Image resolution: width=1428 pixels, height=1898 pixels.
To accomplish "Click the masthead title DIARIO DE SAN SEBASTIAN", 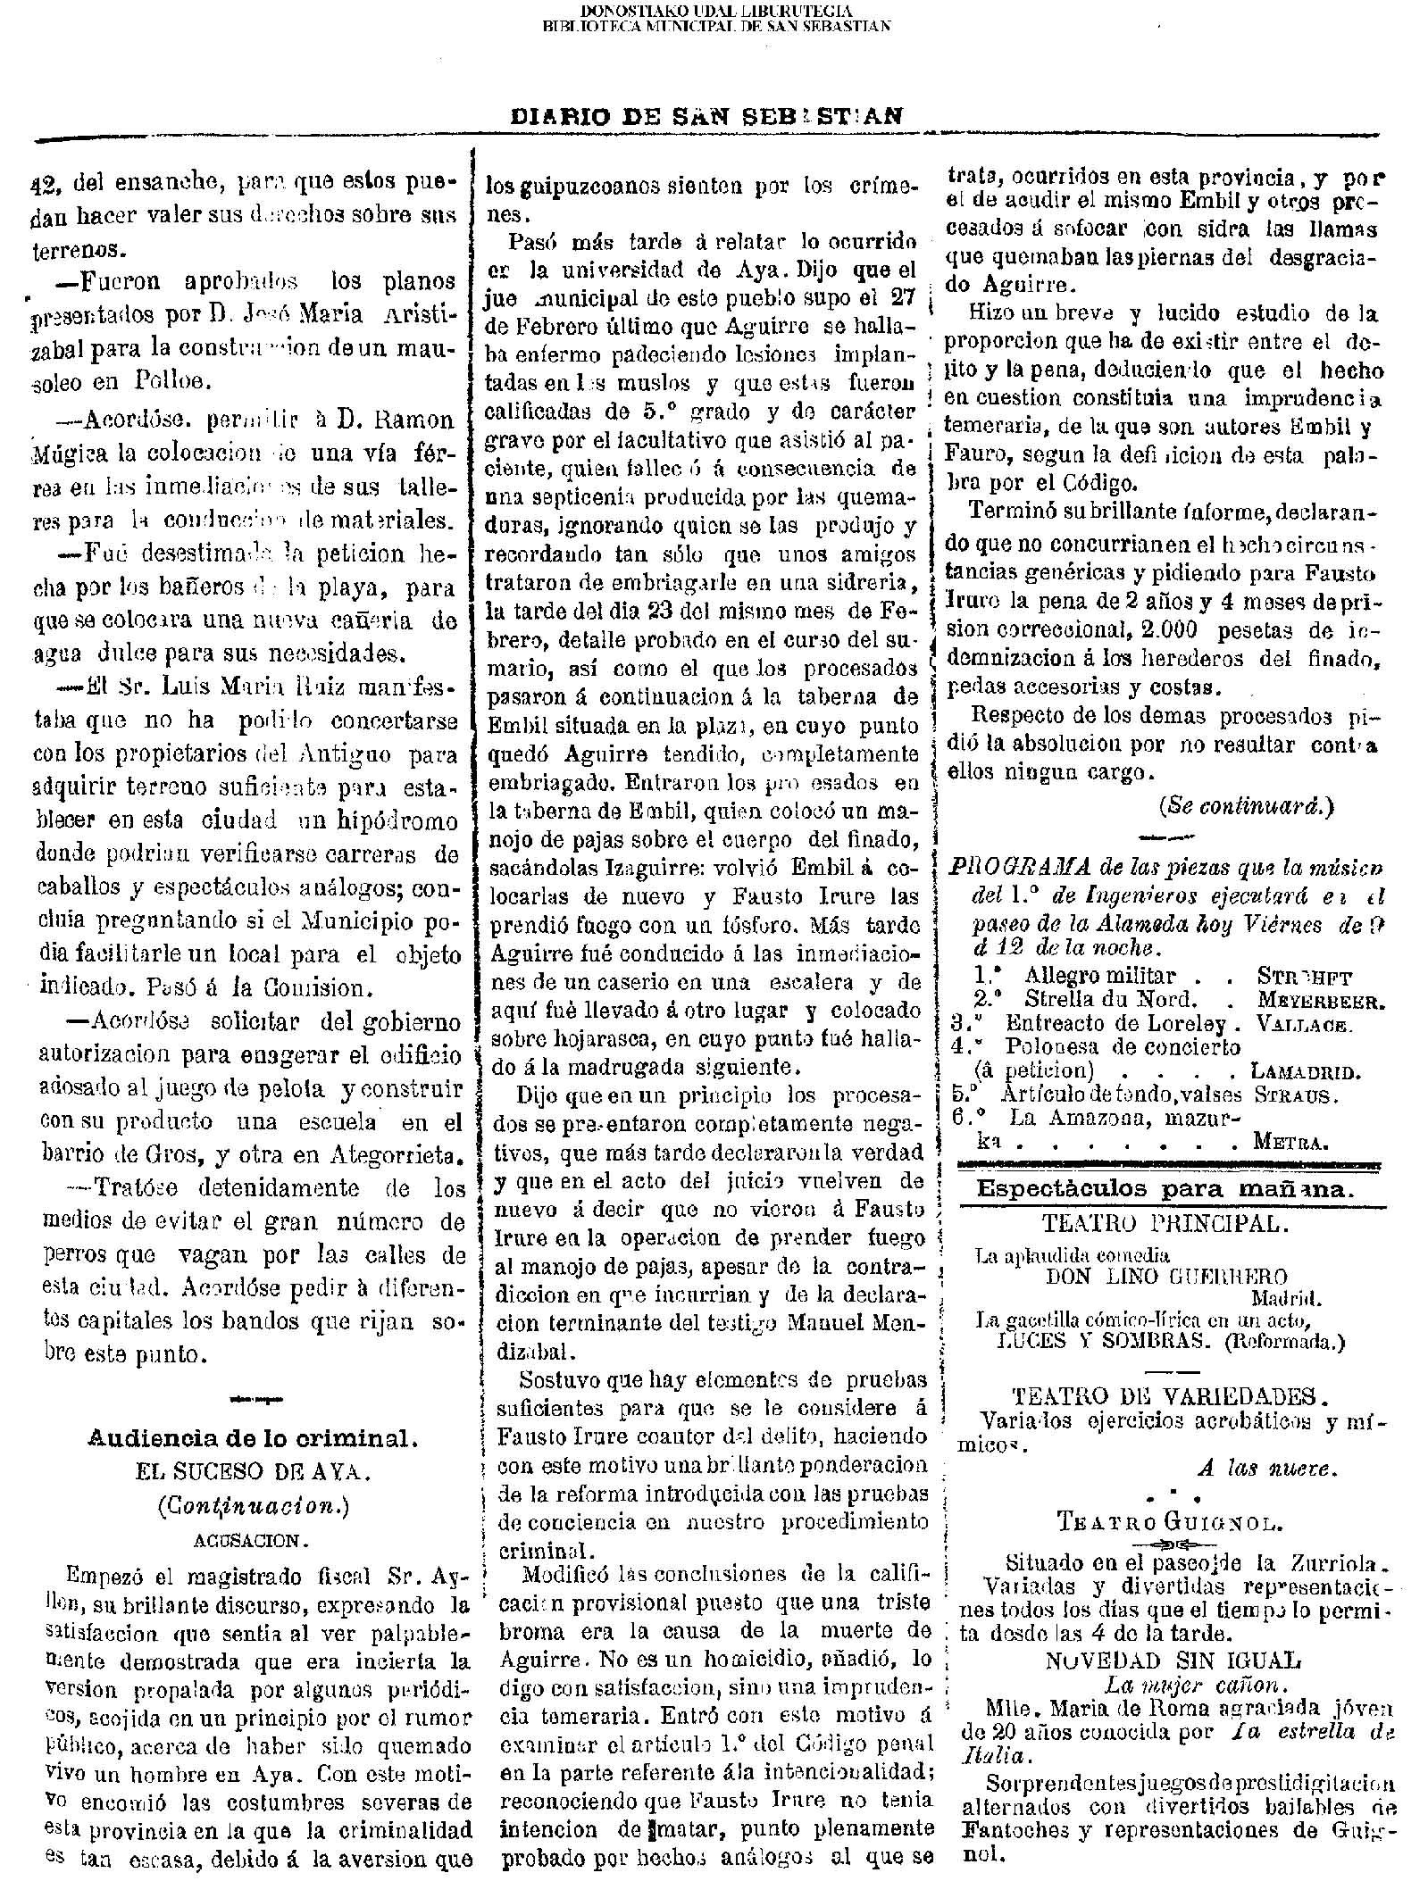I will click(x=706, y=117).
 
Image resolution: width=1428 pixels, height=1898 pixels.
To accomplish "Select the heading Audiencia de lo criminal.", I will click(x=252, y=1438).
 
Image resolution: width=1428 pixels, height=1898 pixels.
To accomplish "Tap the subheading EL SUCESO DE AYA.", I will click(x=253, y=1472).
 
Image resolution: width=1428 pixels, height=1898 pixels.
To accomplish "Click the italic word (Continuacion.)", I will click(x=253, y=1506).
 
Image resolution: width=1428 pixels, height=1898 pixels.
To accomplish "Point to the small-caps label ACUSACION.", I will click(x=252, y=1539).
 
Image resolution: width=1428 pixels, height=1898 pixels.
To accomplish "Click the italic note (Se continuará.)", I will click(x=1245, y=806).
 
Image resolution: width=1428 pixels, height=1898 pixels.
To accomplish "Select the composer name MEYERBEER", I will click(x=1320, y=1001).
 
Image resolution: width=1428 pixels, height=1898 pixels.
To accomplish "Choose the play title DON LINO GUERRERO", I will click(x=1166, y=1276).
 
